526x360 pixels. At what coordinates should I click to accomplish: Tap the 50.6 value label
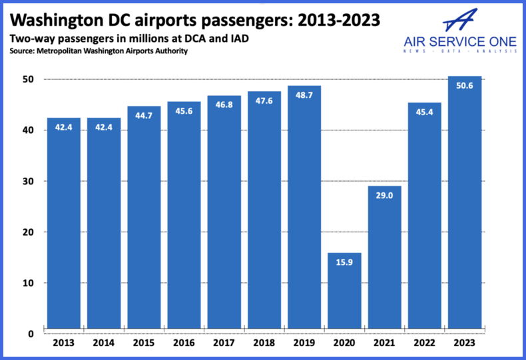[464, 85]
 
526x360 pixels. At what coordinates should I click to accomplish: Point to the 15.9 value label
[344, 263]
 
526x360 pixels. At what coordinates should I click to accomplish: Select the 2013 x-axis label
[64, 344]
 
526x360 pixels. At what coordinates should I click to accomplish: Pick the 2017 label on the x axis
[224, 344]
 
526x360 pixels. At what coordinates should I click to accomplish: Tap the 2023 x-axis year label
[464, 344]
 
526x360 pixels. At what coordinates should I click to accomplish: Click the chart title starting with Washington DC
[194, 20]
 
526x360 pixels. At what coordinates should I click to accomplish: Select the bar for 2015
[144, 220]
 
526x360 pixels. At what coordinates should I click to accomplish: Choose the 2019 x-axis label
[304, 344]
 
